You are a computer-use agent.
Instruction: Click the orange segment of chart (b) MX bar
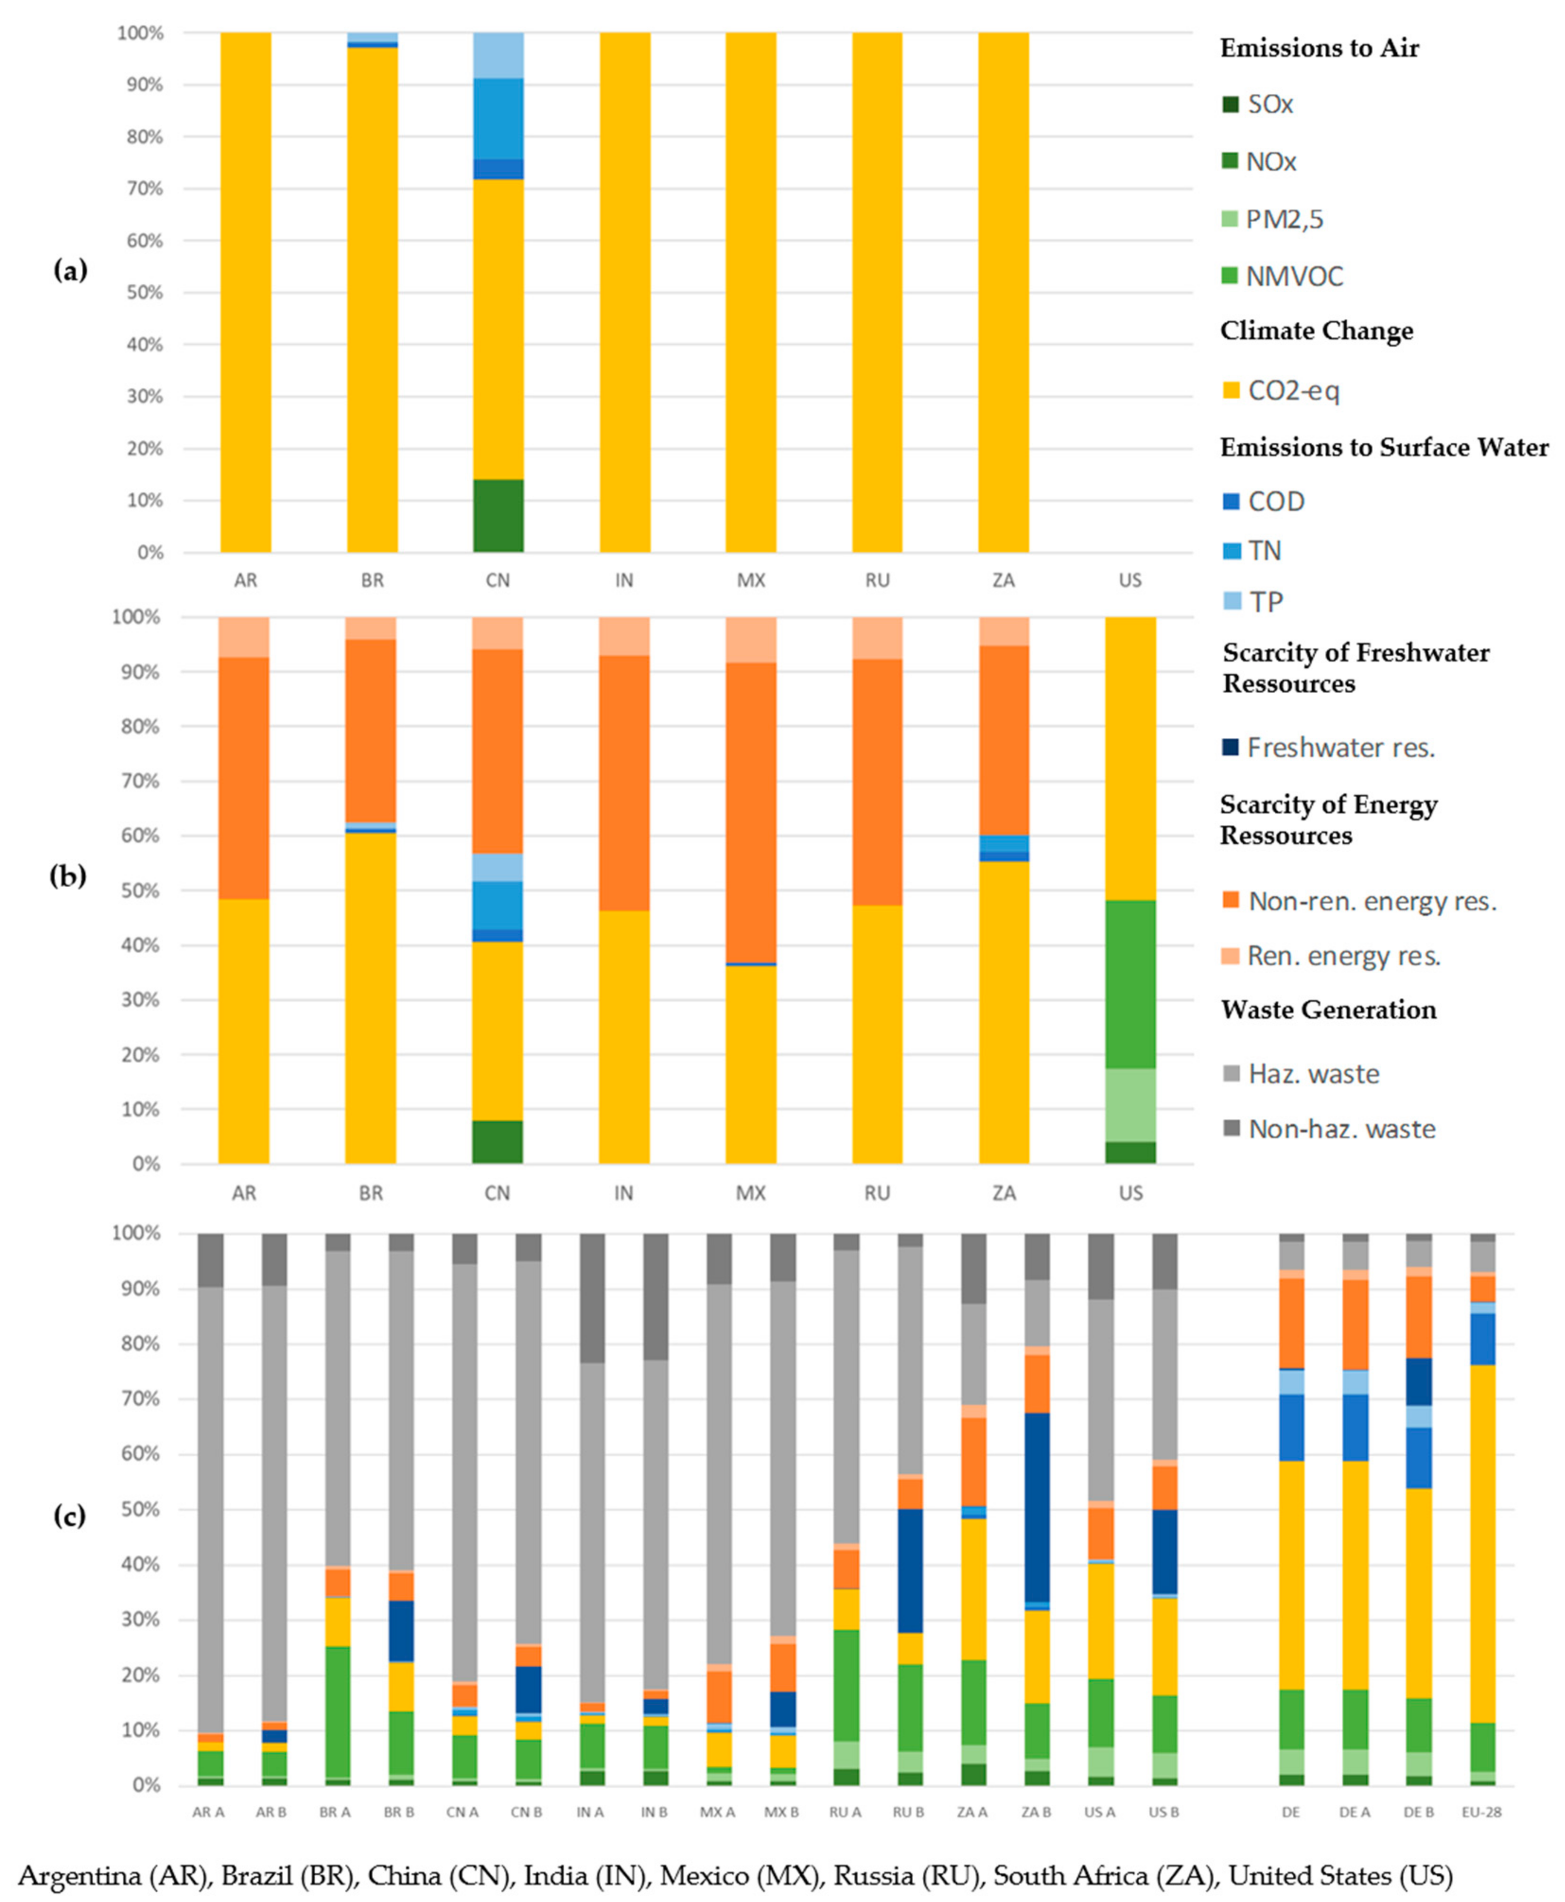751,811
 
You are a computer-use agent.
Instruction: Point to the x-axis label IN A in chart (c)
590,1812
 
